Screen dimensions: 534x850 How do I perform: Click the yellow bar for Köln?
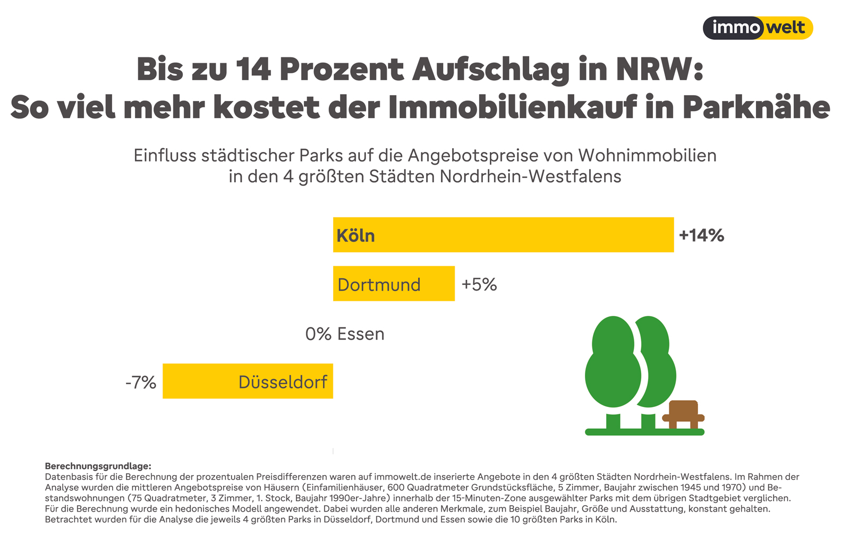pos(503,235)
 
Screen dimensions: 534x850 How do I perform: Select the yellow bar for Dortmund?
pos(394,284)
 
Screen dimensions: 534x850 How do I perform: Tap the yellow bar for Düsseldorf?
pos(248,381)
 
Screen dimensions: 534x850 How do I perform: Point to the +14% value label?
pos(701,235)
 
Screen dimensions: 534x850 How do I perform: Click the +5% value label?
pos(479,284)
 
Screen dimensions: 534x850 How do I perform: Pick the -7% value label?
pos(141,382)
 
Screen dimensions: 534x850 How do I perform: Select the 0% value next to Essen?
pos(318,334)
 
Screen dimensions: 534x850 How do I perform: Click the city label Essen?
pos(361,334)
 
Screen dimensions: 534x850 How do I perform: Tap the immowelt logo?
pos(758,28)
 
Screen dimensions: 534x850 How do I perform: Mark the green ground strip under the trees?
pos(644,432)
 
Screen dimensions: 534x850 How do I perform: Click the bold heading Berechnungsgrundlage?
pos(98,466)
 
